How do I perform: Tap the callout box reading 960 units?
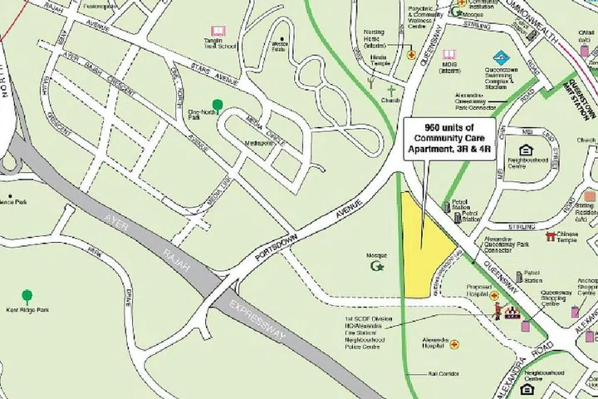(448, 138)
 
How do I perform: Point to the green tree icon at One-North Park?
(218, 105)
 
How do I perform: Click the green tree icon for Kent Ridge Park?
(27, 295)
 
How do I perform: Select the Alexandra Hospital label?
(435, 344)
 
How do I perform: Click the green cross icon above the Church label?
(390, 88)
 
